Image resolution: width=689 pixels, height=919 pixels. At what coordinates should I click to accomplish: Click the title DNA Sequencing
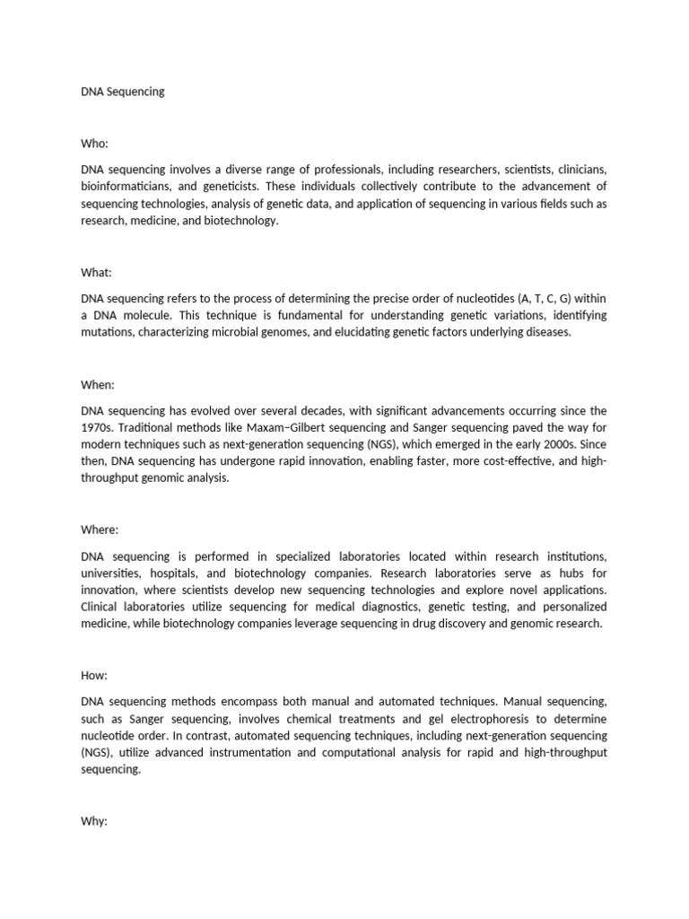pyautogui.click(x=123, y=92)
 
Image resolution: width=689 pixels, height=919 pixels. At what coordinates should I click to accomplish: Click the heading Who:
pyautogui.click(x=94, y=143)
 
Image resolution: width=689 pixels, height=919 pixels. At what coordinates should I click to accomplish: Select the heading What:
pyautogui.click(x=96, y=272)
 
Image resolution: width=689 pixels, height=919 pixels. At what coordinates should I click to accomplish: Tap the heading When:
pyautogui.click(x=98, y=385)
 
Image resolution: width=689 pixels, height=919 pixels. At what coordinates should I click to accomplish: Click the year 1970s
pyautogui.click(x=98, y=428)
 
